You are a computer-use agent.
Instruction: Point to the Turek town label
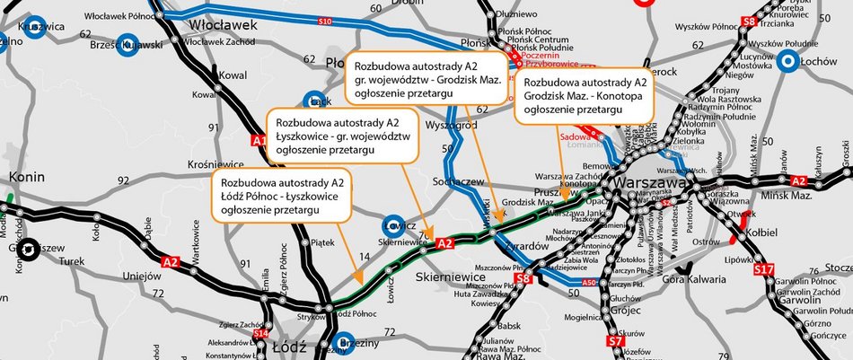coord(71,262)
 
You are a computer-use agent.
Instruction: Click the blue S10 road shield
coord(325,20)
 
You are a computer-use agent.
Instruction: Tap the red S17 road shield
coord(763,268)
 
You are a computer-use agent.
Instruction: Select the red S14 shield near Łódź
coord(260,334)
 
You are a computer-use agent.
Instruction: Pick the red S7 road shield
coord(615,341)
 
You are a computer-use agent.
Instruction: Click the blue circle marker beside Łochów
coord(788,61)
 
